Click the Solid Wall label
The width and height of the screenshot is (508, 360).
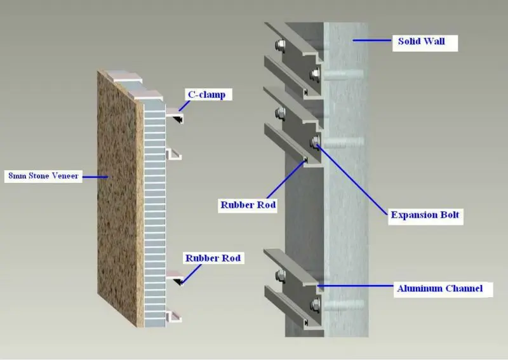tap(421, 42)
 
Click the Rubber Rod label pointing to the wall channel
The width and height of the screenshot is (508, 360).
tap(248, 204)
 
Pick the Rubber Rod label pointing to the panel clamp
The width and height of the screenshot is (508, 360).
tap(213, 258)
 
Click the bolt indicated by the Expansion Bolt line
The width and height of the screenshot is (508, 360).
tap(314, 142)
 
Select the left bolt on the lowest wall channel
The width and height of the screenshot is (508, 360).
tap(279, 276)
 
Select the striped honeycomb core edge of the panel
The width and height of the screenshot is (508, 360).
tap(155, 210)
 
